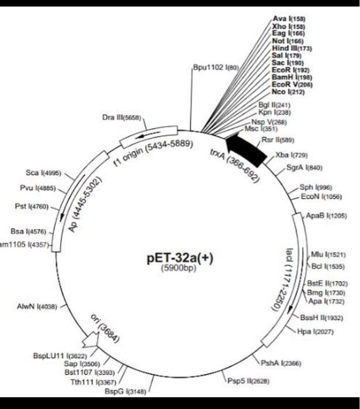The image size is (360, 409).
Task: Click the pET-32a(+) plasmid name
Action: coord(179,258)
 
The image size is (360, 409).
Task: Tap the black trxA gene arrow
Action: coord(245,149)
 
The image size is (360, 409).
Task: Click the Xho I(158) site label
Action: coord(288,27)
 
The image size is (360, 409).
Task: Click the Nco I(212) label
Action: coord(288,92)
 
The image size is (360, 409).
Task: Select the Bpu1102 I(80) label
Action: coord(216,69)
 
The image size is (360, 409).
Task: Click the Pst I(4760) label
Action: coord(38,206)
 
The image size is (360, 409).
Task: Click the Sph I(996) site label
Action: coord(315,188)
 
